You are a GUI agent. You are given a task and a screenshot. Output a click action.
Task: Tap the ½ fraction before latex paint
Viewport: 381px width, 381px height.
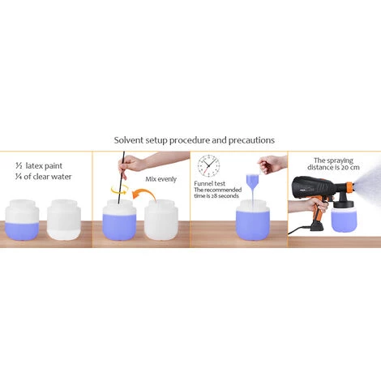pos(19,165)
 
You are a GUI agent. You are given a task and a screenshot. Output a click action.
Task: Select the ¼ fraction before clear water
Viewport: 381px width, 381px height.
pos(19,177)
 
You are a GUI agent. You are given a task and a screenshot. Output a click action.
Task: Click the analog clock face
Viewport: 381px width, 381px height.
pos(208,165)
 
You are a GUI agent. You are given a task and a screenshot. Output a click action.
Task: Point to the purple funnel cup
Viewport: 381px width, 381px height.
pos(253,182)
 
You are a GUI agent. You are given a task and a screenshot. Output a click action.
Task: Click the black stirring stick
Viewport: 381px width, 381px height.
pos(121,177)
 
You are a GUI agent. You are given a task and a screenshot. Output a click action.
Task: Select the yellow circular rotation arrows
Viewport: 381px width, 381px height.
pos(120,189)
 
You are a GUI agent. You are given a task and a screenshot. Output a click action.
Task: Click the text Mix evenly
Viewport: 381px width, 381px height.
pos(161,179)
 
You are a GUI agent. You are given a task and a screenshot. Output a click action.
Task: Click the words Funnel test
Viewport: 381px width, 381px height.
pos(209,184)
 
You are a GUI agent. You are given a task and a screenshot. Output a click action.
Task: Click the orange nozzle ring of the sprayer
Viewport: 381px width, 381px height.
pos(350,187)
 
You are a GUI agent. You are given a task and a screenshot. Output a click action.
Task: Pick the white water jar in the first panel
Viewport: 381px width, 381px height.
pos(64,220)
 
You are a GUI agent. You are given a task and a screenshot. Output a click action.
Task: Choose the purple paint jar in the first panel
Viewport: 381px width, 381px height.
pos(22,220)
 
